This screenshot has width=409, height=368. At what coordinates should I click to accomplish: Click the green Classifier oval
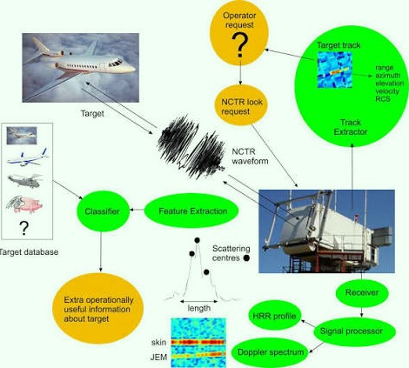103,211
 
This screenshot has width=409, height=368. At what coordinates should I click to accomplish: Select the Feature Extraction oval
191,211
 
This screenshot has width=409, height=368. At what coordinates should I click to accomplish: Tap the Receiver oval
362,292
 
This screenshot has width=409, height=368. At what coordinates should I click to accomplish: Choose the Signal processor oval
354,331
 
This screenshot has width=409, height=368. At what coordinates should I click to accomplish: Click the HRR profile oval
274,316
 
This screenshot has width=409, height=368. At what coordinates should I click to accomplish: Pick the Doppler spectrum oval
270,352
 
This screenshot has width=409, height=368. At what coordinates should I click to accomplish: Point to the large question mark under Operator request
240,45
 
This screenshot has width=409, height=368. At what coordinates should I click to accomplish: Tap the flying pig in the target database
25,204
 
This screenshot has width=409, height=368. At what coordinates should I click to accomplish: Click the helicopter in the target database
25,180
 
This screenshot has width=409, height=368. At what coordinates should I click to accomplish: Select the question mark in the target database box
24,228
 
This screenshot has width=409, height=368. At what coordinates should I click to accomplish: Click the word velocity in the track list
387,91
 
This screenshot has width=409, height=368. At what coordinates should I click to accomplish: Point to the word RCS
383,99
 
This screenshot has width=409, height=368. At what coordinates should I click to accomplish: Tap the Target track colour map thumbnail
335,70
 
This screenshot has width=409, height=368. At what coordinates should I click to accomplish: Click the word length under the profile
199,308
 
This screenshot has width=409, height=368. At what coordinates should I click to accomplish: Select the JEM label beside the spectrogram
158,358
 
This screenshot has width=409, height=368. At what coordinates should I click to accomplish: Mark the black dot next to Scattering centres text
246,258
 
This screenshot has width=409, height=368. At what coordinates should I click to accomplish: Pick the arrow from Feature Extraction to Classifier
137,210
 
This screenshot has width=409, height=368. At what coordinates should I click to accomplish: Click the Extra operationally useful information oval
98,309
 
